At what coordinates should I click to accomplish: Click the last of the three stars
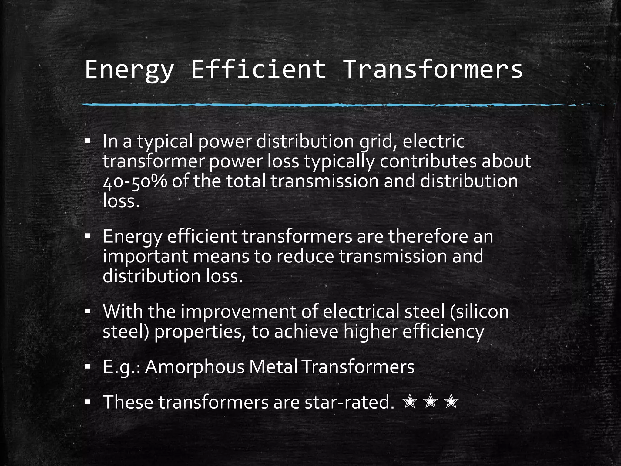click(451, 402)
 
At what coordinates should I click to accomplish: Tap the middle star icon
click(431, 402)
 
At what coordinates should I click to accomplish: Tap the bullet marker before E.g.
click(88, 367)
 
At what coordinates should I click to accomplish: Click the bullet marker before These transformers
click(88, 402)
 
